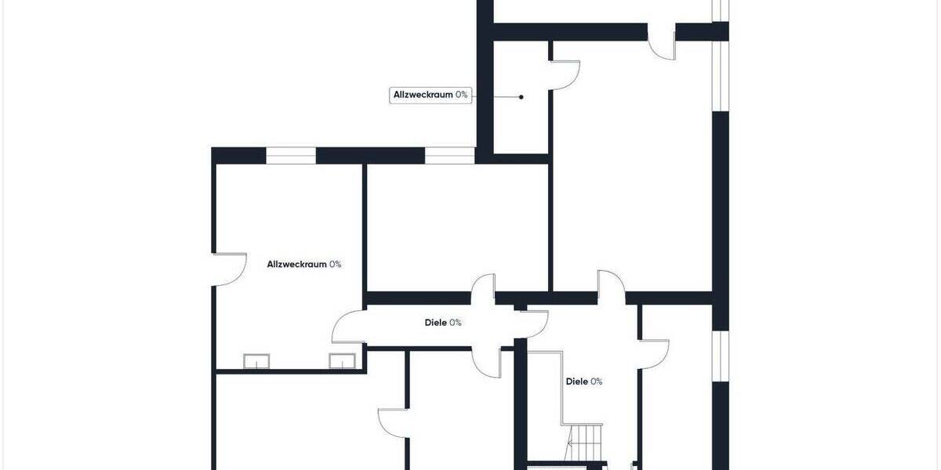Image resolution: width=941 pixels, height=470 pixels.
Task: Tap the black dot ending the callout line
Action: coord(521,97)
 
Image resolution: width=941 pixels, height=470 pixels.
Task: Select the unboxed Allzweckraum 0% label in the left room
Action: coord(303,264)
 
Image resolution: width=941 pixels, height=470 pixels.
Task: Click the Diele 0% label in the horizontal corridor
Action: coord(442,322)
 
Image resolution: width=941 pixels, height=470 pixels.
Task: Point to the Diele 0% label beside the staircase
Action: coord(584,381)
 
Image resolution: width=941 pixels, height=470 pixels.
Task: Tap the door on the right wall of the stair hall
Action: coord(655,352)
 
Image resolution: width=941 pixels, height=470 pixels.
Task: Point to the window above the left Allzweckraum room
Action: coord(291,156)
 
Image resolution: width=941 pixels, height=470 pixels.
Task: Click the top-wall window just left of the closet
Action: coord(449,156)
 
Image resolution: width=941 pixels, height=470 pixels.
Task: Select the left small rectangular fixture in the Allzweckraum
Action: coord(256,361)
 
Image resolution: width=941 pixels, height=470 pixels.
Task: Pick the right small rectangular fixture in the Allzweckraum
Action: coord(342,361)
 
